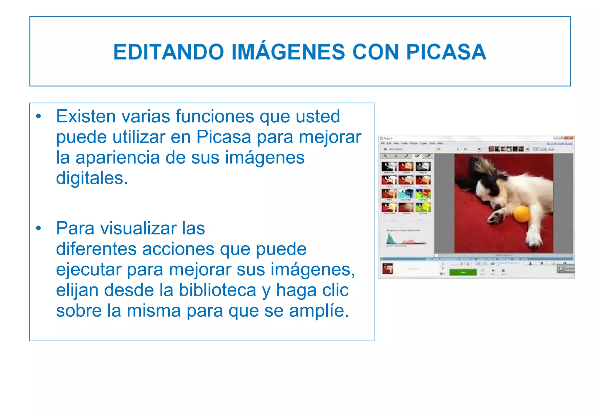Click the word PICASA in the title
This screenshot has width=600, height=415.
pos(446,52)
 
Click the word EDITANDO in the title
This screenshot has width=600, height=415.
pos(169,52)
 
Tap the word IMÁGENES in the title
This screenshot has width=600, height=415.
pos(288,52)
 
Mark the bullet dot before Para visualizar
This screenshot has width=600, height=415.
pos(38,228)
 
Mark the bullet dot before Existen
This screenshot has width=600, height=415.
pos(38,116)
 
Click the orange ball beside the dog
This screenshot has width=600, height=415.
pos(522,214)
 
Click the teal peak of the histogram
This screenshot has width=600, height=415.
pos(390,239)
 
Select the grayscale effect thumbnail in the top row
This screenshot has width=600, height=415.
pos(423,167)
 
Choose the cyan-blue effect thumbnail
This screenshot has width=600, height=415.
pos(406,194)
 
